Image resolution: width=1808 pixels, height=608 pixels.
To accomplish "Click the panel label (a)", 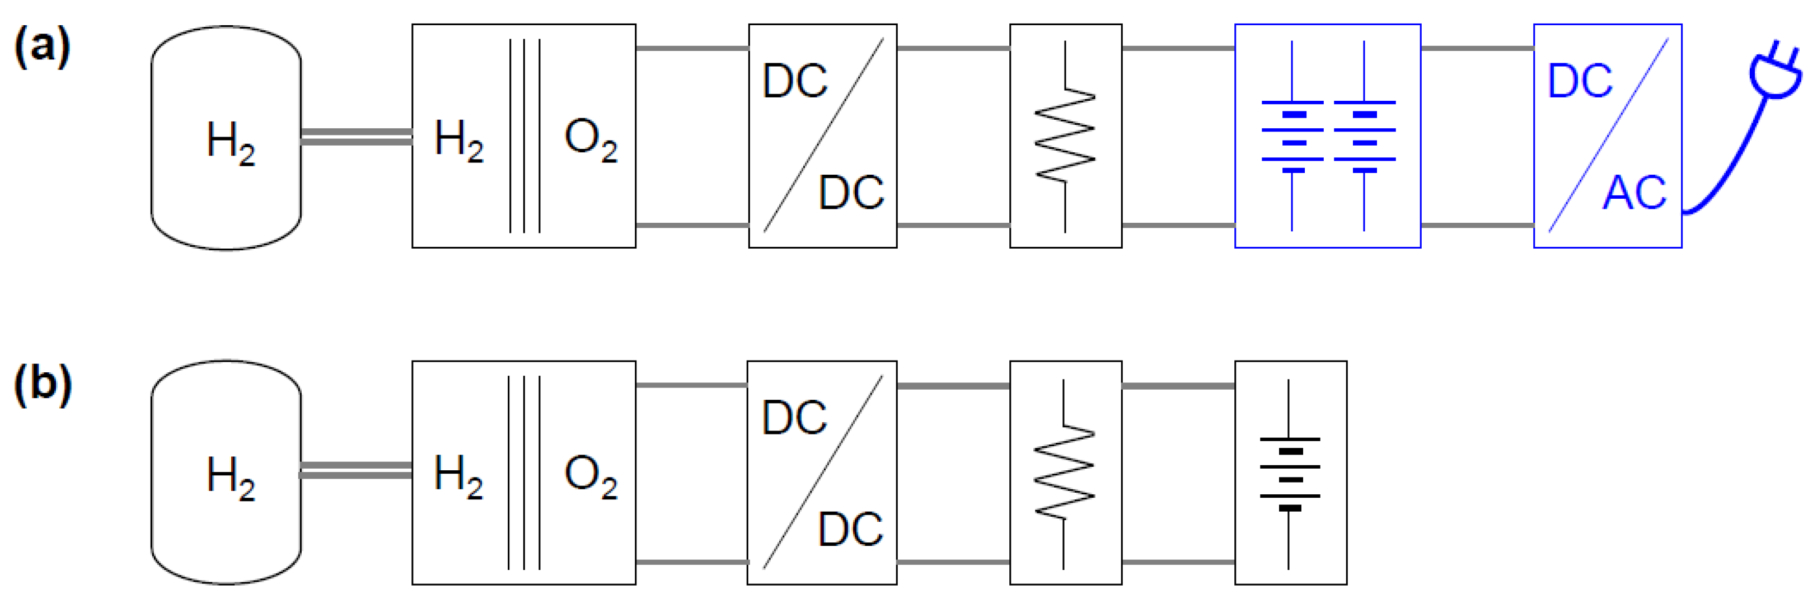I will point(42,46).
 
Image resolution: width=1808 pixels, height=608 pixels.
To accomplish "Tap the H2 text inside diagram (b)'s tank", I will point(230,478).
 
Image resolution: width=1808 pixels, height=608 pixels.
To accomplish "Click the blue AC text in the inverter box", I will point(1634,193).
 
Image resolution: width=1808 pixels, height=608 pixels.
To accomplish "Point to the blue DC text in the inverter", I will point(1580,80).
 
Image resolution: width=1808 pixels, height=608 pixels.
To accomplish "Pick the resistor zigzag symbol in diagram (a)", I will point(1065,136).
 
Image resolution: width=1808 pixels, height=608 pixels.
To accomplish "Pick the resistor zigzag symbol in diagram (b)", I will point(1065,473).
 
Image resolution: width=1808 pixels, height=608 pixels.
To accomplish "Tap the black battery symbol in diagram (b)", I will point(1289,474).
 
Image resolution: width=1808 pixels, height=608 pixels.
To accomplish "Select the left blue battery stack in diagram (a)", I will point(1292,136).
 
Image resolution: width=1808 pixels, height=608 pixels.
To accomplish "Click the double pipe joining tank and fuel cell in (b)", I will point(356,471).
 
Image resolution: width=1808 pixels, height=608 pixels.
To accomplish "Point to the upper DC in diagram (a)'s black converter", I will point(794,80).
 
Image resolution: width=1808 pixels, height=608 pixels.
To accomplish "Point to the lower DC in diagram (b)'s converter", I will point(850,529).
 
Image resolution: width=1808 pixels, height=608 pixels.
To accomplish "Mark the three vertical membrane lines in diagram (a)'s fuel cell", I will point(525,136).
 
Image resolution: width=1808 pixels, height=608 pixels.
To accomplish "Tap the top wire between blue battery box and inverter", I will point(1477,49).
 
